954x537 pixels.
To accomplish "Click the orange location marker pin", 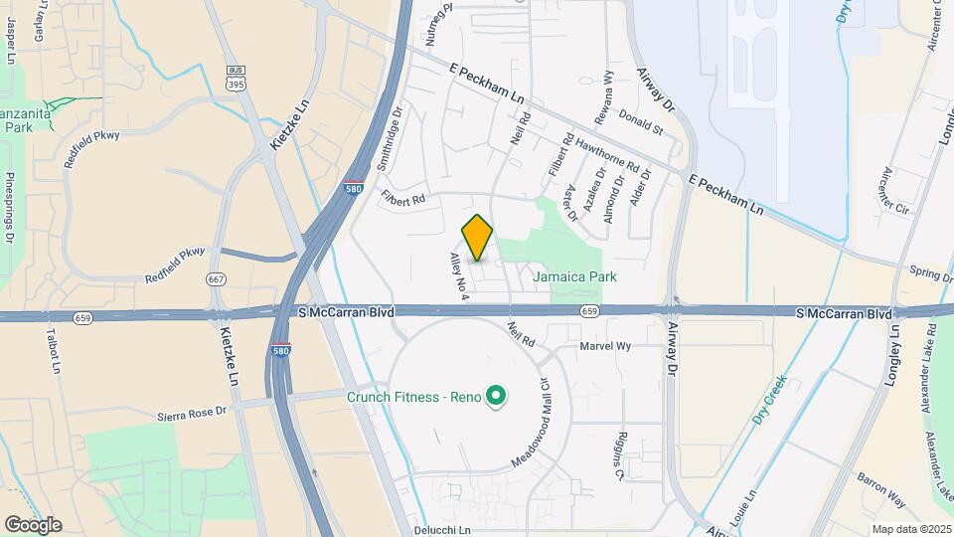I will [x=477, y=238].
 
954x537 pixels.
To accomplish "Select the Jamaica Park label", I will [x=574, y=276].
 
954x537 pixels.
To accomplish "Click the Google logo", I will [x=33, y=524].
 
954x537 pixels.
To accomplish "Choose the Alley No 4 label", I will [x=458, y=275].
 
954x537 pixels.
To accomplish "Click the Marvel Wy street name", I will [x=605, y=346].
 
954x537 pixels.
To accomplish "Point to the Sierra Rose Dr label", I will [x=193, y=411].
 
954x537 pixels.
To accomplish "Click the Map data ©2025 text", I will [x=910, y=529].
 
